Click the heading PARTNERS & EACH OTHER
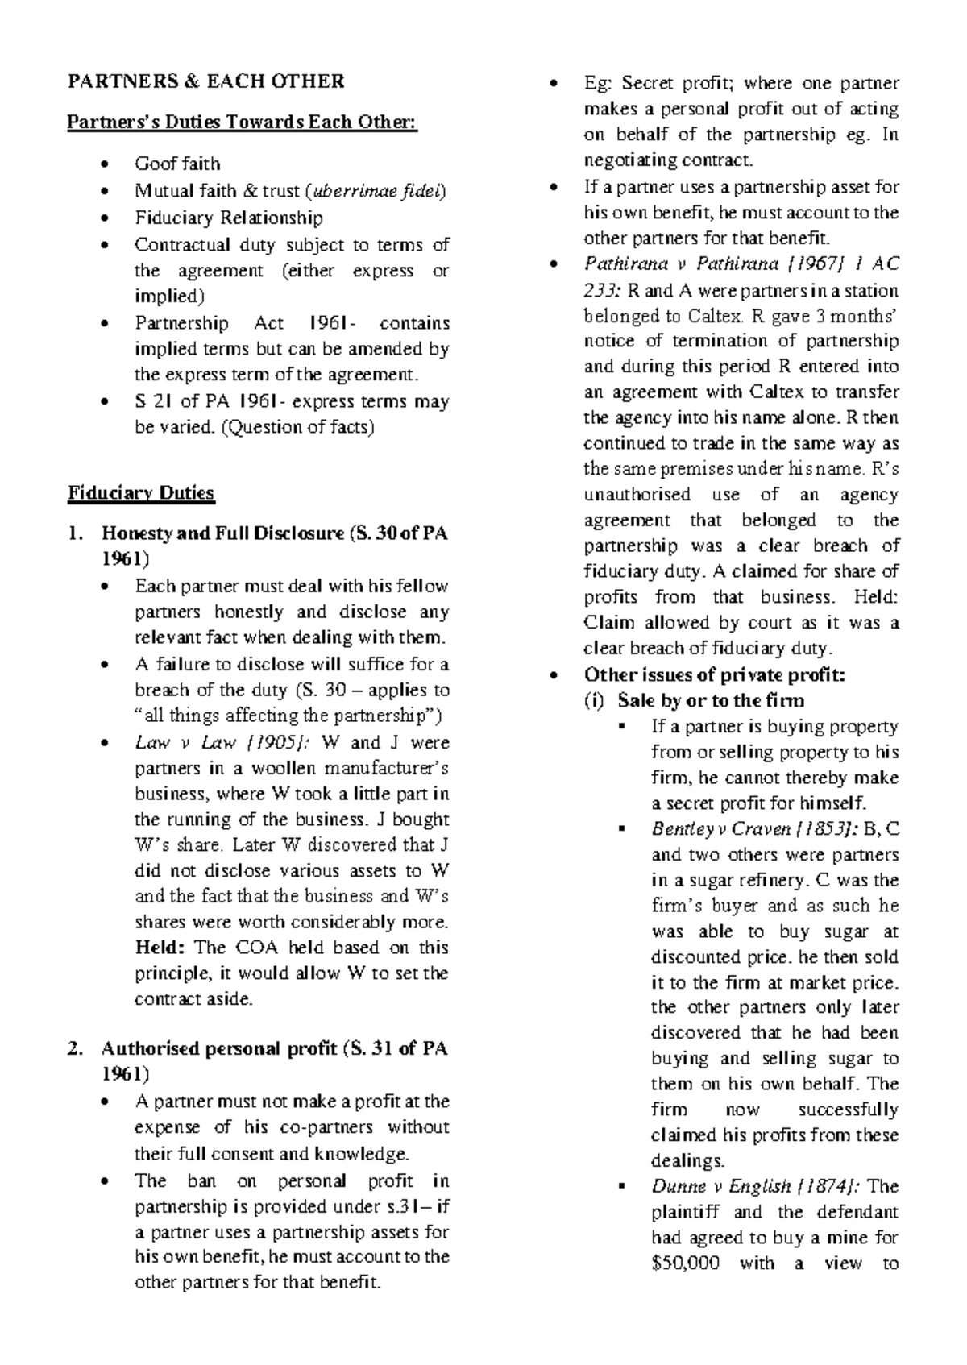(x=205, y=81)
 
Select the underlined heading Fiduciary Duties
(x=141, y=493)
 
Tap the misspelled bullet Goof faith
(x=177, y=164)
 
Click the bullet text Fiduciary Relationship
(x=229, y=218)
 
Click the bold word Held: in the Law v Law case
(x=161, y=948)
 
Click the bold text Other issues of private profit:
(x=713, y=675)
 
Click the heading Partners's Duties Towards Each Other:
(x=243, y=123)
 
